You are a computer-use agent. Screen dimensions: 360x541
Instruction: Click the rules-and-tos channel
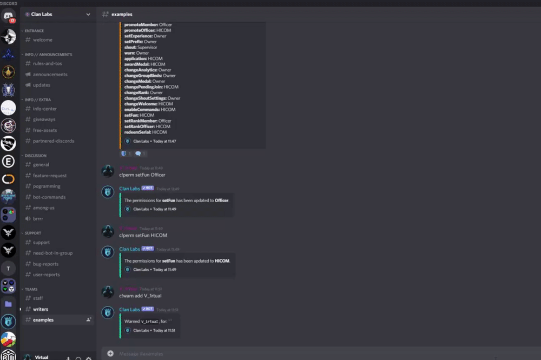click(47, 63)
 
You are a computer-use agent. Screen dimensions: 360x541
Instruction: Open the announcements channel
click(50, 74)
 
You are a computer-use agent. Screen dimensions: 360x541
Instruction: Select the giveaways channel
click(44, 119)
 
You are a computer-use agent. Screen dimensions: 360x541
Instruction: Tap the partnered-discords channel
click(53, 141)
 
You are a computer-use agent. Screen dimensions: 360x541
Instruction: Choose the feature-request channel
click(50, 175)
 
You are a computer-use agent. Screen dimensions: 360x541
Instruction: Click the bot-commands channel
click(49, 197)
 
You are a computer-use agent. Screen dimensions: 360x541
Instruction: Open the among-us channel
click(43, 208)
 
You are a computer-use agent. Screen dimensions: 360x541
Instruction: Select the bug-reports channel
click(45, 264)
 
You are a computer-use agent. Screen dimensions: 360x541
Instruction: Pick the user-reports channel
click(46, 275)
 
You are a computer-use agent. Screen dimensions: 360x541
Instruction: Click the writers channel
click(41, 309)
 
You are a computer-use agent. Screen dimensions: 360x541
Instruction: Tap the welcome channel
click(43, 39)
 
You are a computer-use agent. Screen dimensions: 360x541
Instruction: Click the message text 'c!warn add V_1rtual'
click(140, 296)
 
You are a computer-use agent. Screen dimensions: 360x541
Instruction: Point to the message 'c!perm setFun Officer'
click(142, 175)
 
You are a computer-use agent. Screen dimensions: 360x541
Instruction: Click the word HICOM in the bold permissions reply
click(222, 261)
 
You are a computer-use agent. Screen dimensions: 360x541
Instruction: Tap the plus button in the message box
click(110, 354)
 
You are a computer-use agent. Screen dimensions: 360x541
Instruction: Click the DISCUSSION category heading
click(36, 156)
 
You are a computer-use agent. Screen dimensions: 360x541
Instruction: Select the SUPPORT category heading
click(33, 233)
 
